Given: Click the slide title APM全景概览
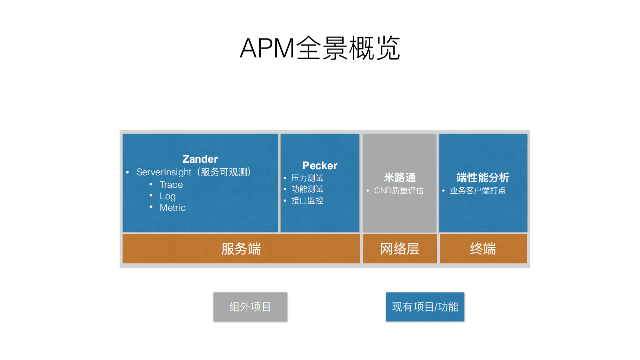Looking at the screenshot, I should (320, 49).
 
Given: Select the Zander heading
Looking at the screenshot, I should (200, 159).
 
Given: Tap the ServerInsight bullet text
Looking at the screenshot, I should (164, 172).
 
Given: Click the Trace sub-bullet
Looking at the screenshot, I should (171, 185).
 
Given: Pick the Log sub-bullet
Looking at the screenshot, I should (168, 196).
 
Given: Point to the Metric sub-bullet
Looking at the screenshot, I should (173, 208).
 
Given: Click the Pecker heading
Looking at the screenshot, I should (320, 166).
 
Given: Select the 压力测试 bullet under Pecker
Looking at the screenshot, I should (307, 178).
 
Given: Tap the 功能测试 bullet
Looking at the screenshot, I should (307, 189).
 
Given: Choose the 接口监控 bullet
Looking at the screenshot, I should (307, 201).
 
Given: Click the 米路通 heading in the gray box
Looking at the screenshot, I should (400, 178).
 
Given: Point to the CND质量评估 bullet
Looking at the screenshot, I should (399, 191).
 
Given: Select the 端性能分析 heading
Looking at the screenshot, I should (483, 178).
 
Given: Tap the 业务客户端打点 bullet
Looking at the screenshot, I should (477, 191).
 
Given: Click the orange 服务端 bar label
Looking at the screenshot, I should (241, 249).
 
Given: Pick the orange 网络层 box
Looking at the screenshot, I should (400, 249).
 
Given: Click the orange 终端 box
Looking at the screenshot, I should (483, 249).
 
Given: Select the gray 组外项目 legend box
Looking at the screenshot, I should (250, 307).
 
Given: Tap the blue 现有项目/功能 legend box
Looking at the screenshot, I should (425, 307).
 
